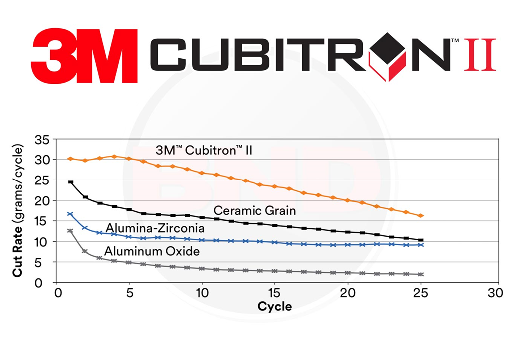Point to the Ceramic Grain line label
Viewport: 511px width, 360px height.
[x=255, y=211]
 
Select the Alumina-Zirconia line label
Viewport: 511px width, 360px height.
[x=155, y=228]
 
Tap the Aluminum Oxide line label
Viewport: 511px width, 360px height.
[x=152, y=251]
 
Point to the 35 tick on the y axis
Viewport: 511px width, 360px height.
[x=43, y=139]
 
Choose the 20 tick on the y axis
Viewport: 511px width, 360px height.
[x=43, y=200]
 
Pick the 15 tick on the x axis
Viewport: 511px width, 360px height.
[x=275, y=293]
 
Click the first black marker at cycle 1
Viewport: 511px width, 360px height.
[x=70, y=182]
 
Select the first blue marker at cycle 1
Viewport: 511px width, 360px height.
[x=70, y=214]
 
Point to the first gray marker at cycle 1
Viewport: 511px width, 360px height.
[x=70, y=231]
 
